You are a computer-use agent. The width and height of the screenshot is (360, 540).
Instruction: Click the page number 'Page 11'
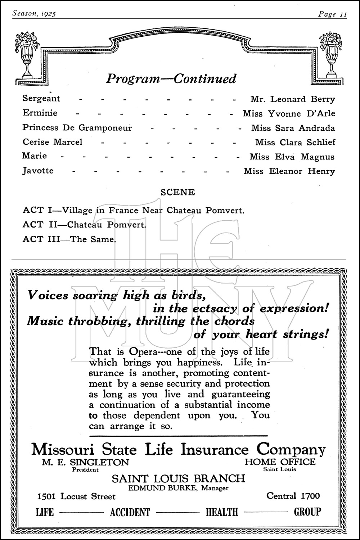[x=332, y=14]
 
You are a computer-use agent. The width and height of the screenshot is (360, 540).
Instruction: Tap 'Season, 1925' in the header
[x=35, y=14]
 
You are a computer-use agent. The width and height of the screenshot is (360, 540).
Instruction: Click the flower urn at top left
[x=27, y=54]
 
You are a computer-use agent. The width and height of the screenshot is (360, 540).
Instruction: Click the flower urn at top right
[x=332, y=54]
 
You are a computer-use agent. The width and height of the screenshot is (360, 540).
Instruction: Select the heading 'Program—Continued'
[x=171, y=78]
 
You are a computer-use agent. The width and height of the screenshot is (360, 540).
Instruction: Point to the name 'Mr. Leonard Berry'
[x=293, y=99]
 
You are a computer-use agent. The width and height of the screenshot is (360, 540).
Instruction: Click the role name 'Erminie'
[x=40, y=113]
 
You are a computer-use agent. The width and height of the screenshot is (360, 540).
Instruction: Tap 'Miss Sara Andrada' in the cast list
[x=293, y=128]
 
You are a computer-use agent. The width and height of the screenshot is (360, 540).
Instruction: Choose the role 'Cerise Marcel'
[x=53, y=142]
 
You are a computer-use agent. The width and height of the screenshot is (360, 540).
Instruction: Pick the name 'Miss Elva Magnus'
[x=292, y=157]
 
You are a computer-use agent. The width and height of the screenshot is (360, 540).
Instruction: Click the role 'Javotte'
[x=38, y=170]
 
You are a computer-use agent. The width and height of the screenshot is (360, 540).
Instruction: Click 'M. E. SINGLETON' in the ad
[x=85, y=462]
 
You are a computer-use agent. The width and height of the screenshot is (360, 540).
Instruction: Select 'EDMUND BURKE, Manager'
[x=179, y=488]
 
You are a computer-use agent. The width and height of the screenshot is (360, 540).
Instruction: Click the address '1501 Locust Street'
[x=76, y=496]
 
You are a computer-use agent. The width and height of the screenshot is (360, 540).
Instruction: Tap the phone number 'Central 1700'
[x=293, y=496]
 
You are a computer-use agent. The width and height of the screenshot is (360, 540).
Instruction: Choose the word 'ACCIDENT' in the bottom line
[x=130, y=512]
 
